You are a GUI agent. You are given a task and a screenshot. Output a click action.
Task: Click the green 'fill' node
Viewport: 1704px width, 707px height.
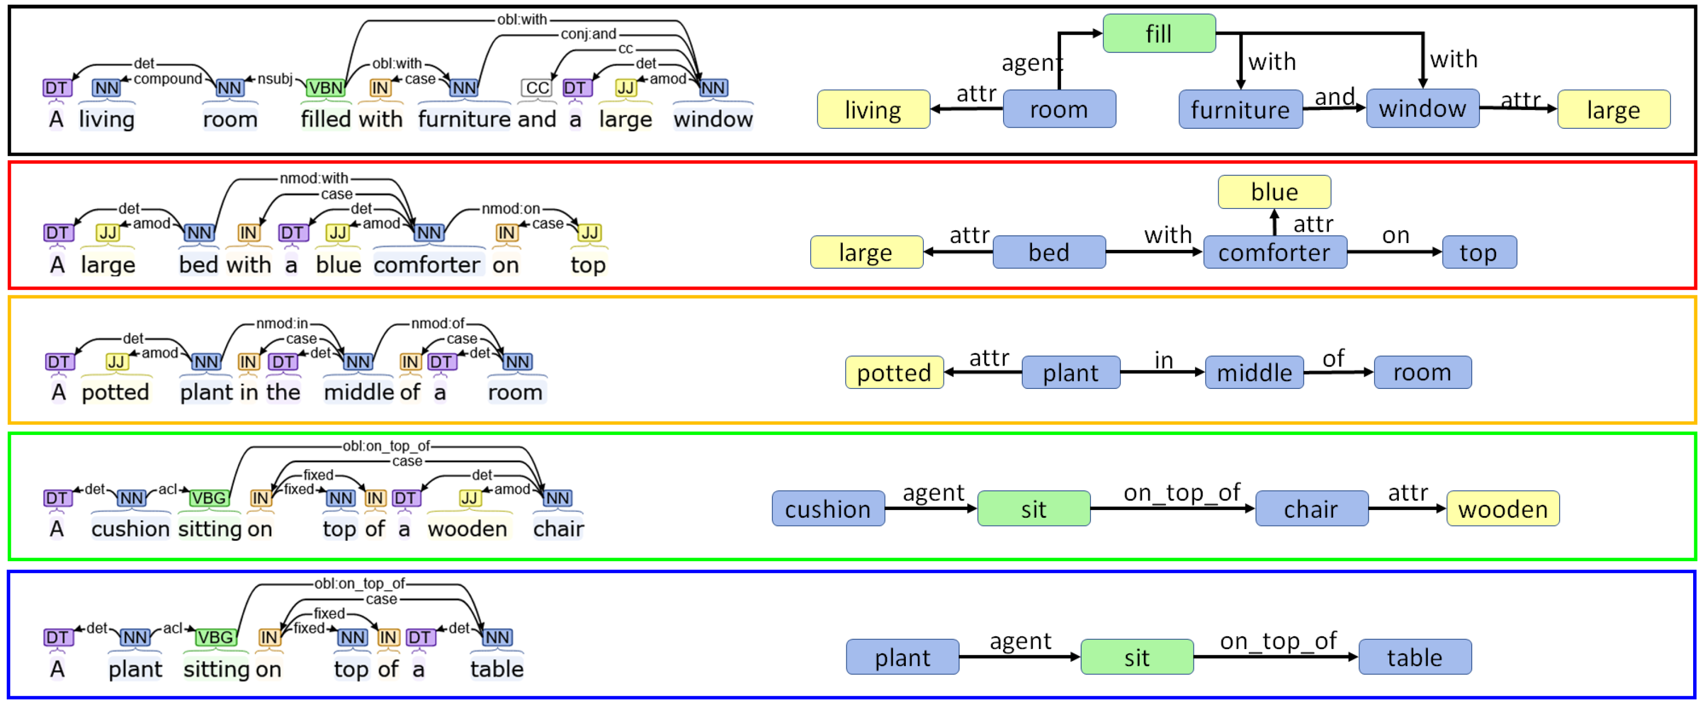tap(1158, 33)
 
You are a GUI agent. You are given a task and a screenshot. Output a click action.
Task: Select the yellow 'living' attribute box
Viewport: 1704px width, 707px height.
tap(873, 109)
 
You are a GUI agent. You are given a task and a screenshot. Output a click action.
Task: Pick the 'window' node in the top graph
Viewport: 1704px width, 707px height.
tap(1422, 109)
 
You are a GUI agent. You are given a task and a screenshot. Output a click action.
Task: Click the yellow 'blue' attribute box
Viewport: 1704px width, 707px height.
tap(1274, 192)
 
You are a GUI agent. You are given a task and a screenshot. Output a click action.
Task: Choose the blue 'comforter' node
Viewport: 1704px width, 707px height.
tap(1274, 252)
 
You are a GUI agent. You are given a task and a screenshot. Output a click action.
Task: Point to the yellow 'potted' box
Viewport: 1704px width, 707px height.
tap(894, 372)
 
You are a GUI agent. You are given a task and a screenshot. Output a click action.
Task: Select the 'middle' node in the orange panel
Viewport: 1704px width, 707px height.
tap(1253, 372)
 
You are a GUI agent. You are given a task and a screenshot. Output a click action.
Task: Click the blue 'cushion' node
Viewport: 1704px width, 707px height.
tap(828, 508)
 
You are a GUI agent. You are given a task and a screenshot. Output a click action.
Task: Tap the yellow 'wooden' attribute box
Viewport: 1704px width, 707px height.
tap(1502, 508)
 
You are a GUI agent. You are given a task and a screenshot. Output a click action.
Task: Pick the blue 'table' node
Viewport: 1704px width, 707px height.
tap(1414, 657)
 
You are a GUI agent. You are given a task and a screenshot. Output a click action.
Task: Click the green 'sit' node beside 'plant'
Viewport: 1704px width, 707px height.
tap(1136, 657)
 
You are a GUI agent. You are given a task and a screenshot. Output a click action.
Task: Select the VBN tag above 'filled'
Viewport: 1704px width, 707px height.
tap(325, 88)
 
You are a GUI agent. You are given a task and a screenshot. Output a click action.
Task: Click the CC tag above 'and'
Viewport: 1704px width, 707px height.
tap(536, 88)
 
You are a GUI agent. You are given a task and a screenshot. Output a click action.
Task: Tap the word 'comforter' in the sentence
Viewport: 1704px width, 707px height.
tap(427, 265)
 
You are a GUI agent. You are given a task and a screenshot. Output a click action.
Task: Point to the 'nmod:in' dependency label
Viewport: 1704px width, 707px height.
tap(282, 323)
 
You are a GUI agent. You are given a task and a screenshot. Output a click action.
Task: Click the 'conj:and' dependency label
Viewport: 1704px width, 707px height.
tap(588, 34)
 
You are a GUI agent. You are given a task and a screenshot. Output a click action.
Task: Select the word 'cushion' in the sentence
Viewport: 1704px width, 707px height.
tap(130, 529)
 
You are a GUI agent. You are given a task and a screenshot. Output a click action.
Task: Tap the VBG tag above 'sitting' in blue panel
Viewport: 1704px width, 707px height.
tap(216, 637)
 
